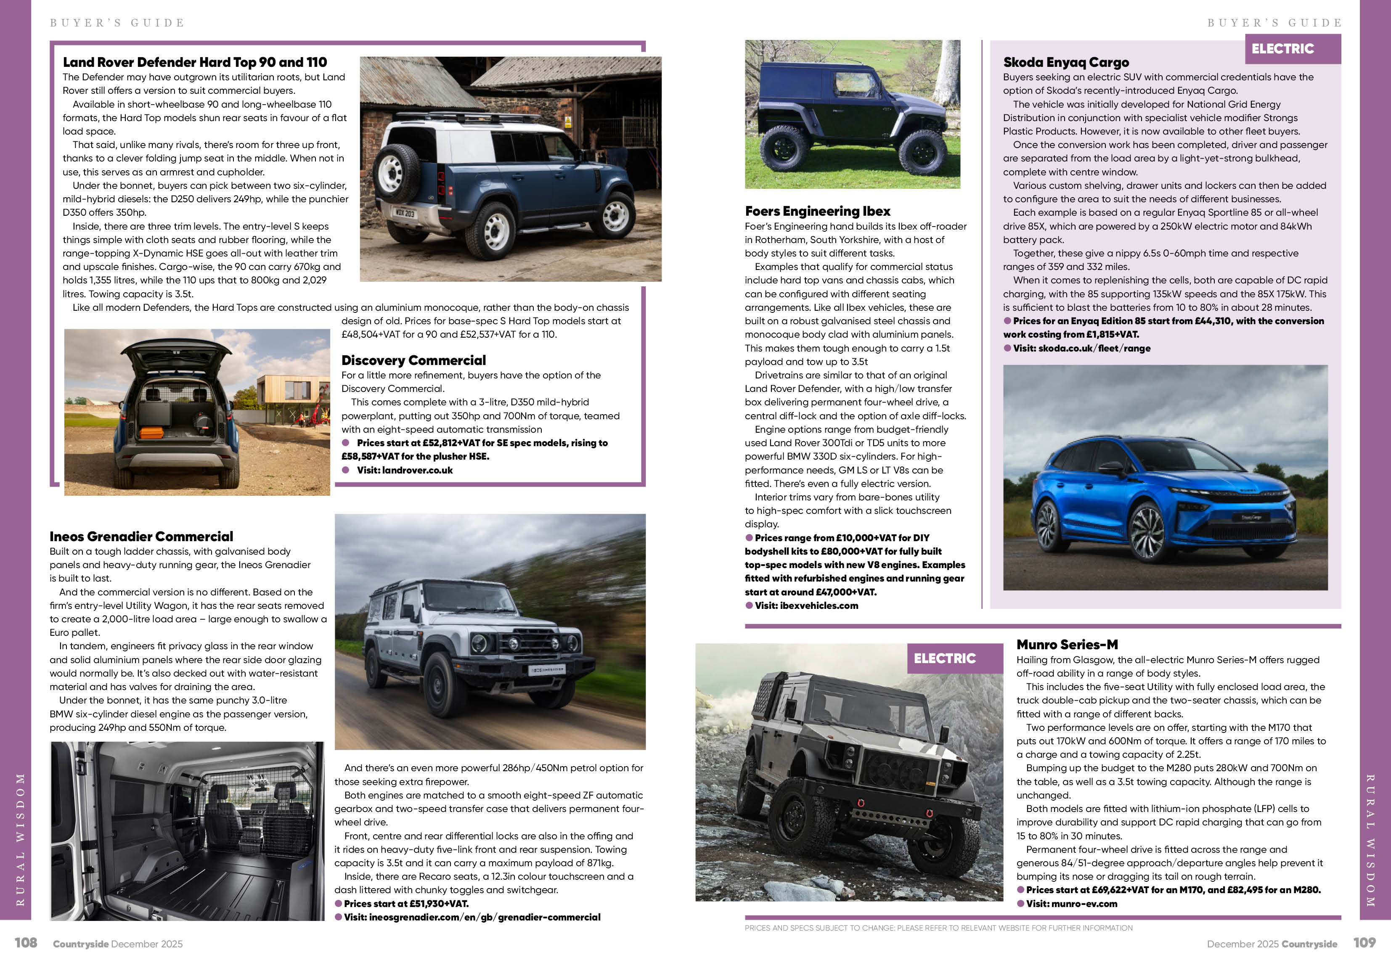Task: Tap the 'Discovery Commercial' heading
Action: coord(413,360)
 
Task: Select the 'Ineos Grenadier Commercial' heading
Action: coord(141,537)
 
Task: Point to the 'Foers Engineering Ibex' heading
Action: coord(818,211)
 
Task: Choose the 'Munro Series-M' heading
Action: coord(1067,645)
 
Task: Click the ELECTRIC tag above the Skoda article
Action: coord(1283,49)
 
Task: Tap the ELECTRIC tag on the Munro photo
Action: coord(945,659)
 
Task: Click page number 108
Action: coord(26,943)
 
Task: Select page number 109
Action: coord(1365,943)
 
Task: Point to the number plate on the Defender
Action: coord(405,213)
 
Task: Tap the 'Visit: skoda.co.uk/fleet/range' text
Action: coord(1081,348)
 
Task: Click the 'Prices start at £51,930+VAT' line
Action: coord(405,904)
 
